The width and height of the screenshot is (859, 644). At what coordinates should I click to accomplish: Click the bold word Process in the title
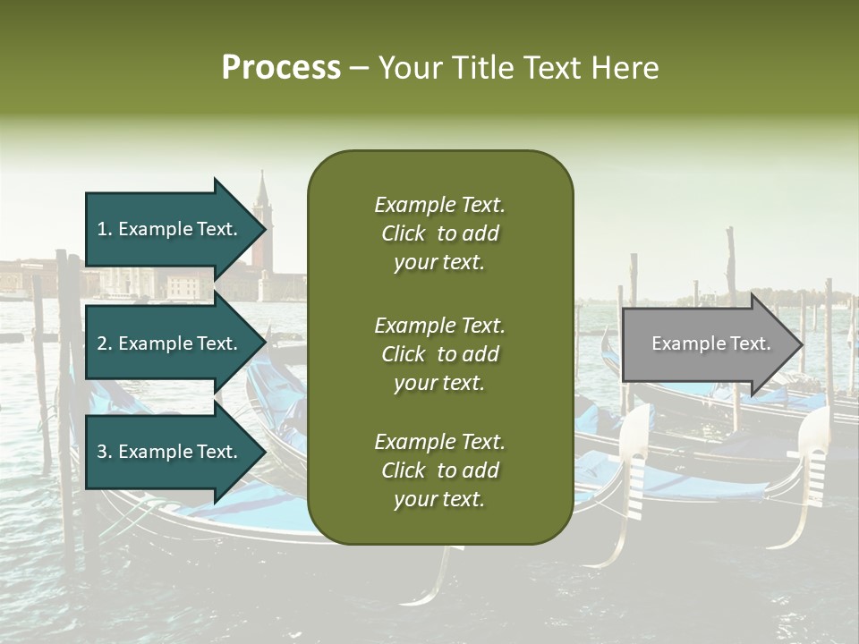(x=281, y=68)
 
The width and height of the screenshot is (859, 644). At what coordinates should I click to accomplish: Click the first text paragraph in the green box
(x=439, y=233)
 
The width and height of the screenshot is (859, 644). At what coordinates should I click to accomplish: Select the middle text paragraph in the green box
(x=439, y=354)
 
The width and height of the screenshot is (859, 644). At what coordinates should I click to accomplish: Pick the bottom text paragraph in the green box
(x=439, y=470)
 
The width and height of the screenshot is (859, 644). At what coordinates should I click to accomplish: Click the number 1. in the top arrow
(x=105, y=229)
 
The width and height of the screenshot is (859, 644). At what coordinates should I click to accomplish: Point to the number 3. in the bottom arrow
(x=105, y=452)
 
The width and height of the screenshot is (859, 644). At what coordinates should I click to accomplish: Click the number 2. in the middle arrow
(x=105, y=343)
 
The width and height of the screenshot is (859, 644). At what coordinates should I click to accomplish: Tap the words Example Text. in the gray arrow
(x=710, y=344)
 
